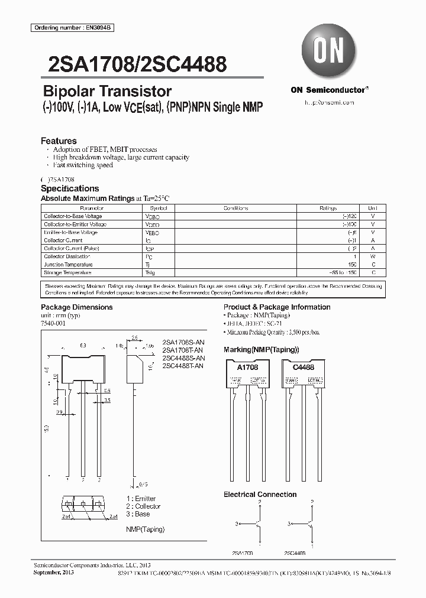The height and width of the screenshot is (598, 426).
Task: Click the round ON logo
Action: click(x=329, y=51)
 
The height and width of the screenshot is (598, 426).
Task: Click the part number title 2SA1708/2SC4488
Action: click(x=134, y=64)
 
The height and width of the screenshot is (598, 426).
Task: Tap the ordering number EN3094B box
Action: click(x=64, y=28)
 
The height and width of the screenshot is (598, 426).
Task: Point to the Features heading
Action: click(x=59, y=141)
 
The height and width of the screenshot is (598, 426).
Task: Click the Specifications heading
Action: click(x=70, y=188)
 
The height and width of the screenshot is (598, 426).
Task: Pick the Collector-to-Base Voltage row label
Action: click(x=73, y=217)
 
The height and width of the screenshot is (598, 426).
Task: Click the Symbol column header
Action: click(x=159, y=209)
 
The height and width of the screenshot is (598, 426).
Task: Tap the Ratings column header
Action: click(x=328, y=209)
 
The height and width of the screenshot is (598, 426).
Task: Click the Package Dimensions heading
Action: click(x=76, y=307)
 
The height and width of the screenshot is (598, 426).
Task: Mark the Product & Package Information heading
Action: click(x=277, y=307)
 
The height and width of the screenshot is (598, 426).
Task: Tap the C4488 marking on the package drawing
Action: click(x=304, y=367)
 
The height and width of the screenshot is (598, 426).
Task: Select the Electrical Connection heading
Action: click(x=260, y=494)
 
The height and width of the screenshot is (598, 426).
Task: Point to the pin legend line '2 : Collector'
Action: click(x=143, y=506)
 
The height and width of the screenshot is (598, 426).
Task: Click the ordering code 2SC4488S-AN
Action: click(x=183, y=358)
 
